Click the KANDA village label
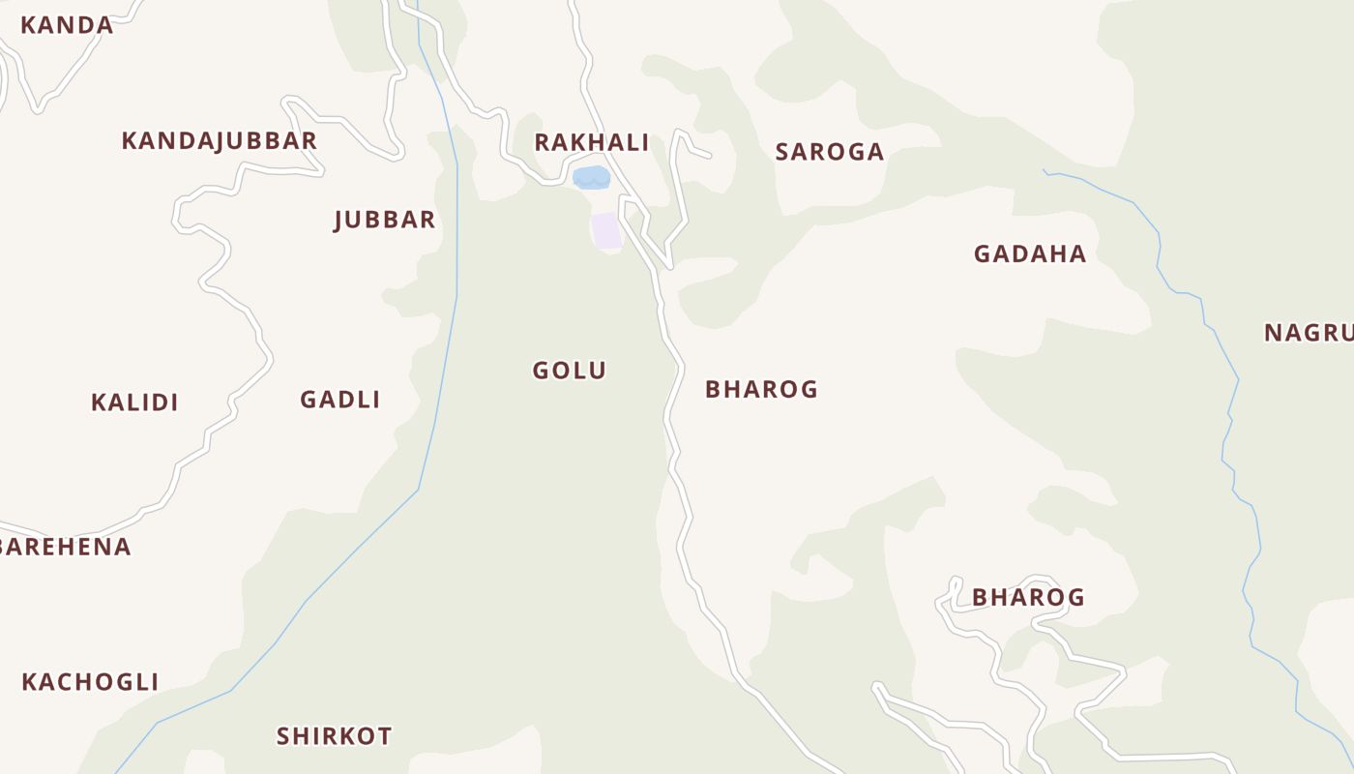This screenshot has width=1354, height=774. (67, 25)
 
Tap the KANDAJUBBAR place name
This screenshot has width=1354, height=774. (219, 141)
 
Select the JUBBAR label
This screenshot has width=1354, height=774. (384, 220)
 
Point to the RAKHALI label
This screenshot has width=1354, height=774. (591, 143)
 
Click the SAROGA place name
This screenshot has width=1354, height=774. (830, 152)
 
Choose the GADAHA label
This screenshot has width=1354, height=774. (1029, 254)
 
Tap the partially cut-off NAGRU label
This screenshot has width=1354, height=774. (1309, 333)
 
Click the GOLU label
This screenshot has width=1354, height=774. (569, 371)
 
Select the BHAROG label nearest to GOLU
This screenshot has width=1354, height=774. (761, 390)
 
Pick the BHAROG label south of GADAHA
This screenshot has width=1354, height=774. (1028, 598)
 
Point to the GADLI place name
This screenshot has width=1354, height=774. (339, 400)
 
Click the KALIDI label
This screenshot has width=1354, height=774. (134, 402)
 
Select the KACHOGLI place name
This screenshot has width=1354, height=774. (90, 682)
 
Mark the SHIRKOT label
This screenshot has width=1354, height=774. (334, 736)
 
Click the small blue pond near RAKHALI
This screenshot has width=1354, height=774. (591, 177)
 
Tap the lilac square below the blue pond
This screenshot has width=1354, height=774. (606, 231)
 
